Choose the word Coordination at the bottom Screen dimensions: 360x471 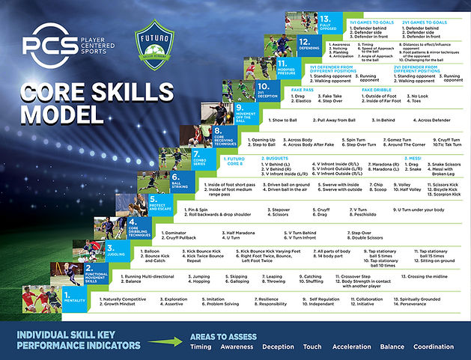(434, 346)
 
